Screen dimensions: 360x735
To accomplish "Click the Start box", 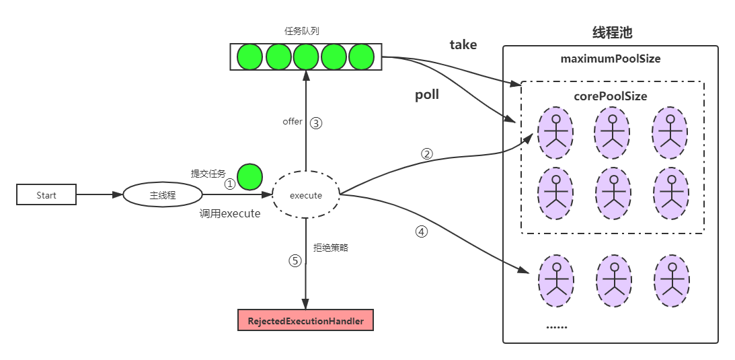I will [x=46, y=195].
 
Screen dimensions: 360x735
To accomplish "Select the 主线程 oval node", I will [x=162, y=195].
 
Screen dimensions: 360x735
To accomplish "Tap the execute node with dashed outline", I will [x=306, y=196].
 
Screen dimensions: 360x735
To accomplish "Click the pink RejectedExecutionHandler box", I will [x=305, y=321].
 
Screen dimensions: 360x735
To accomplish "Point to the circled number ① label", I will [x=230, y=184].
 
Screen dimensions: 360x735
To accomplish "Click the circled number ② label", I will [x=426, y=153].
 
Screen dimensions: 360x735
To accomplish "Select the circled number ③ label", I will [x=316, y=123].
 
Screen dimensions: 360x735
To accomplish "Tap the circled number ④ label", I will [x=422, y=231].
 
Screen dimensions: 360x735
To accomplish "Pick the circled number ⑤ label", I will [x=295, y=261].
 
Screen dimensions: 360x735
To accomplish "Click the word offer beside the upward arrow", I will [x=293, y=122].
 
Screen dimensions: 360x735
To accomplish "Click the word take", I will [x=463, y=45].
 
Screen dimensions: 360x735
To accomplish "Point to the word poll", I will [x=427, y=95].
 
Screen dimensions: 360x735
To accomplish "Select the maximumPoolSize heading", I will [x=611, y=59].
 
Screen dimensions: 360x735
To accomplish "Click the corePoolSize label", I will [x=611, y=96].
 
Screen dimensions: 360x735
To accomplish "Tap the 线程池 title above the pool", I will [x=611, y=32].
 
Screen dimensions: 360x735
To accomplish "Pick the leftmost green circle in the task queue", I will [x=251, y=57].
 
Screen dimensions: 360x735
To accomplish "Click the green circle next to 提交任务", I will [x=250, y=176].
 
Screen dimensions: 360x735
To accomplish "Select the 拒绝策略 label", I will [x=331, y=248].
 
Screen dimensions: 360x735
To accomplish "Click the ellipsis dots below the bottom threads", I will [x=556, y=326].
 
